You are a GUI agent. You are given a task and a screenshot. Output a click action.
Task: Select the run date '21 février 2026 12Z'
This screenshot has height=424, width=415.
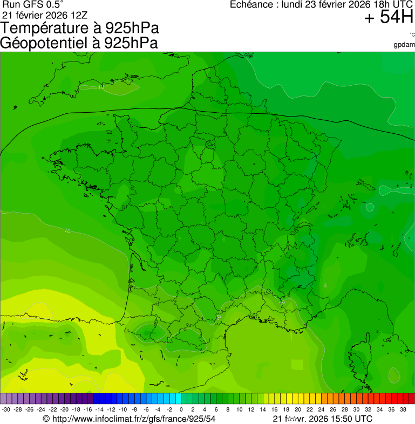point(45,15)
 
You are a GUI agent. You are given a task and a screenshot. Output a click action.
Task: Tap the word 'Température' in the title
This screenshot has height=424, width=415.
point(48,28)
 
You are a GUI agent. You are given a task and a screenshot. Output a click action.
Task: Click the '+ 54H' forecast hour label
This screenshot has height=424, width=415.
point(389,18)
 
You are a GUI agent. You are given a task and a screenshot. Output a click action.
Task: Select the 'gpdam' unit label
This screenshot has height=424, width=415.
point(404,44)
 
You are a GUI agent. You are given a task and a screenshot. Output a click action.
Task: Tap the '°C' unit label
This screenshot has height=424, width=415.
point(412,35)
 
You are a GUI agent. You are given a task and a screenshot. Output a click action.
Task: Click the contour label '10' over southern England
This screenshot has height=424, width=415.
point(101,87)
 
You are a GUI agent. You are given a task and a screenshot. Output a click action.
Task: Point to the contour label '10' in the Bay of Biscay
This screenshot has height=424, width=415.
point(67,231)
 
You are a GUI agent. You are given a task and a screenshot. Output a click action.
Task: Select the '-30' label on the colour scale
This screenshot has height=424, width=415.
point(6,409)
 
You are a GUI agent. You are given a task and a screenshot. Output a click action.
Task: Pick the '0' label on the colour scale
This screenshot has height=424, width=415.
point(181,409)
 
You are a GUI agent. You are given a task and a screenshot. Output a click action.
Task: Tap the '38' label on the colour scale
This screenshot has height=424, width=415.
point(403,409)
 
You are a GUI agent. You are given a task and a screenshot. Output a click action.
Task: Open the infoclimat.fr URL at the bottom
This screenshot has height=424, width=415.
point(130,419)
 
